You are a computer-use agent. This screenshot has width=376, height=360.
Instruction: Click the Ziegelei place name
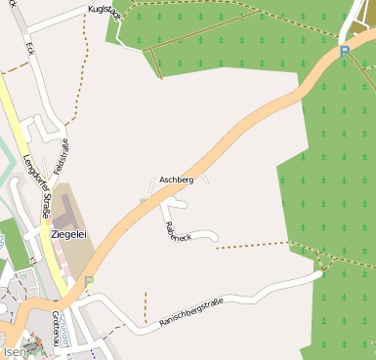[68, 234]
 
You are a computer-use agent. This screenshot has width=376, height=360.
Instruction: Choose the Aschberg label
[176, 180]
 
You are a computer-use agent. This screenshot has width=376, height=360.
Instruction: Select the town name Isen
[13, 351]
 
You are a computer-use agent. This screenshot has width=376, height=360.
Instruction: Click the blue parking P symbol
[344, 52]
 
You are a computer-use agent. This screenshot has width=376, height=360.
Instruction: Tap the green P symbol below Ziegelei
[89, 281]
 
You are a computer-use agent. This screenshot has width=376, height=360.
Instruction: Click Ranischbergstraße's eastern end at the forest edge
[318, 274]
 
